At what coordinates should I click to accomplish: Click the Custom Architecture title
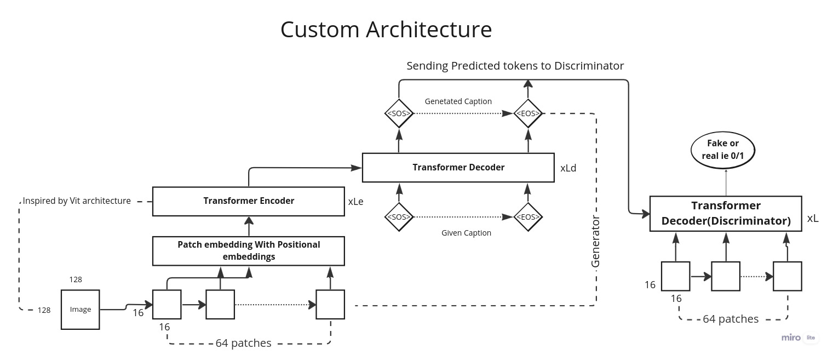pyautogui.click(x=386, y=30)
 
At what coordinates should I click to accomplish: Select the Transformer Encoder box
pyautogui.click(x=248, y=201)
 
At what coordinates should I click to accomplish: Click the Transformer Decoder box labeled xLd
pyautogui.click(x=458, y=168)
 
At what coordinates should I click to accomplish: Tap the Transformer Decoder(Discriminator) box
pyautogui.click(x=726, y=213)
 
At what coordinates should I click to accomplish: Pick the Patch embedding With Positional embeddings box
pyautogui.click(x=248, y=250)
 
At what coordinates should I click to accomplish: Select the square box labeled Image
pyautogui.click(x=80, y=310)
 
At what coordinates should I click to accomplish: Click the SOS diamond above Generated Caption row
pyautogui.click(x=399, y=114)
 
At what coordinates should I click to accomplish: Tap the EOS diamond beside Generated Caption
pyautogui.click(x=528, y=114)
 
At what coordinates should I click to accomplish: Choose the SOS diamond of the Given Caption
pyautogui.click(x=399, y=217)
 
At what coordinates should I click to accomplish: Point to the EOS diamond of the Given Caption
pyautogui.click(x=528, y=217)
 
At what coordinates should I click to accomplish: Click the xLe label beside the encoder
pyautogui.click(x=355, y=202)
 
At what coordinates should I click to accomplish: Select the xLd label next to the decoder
pyautogui.click(x=568, y=168)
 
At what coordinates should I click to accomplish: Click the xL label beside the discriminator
pyautogui.click(x=813, y=218)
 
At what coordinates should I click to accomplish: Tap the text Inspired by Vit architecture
pyautogui.click(x=77, y=201)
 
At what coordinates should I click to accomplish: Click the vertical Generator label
pyautogui.click(x=596, y=242)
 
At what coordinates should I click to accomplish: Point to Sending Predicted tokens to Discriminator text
pyautogui.click(x=515, y=66)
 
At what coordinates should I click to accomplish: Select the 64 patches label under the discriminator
pyautogui.click(x=731, y=319)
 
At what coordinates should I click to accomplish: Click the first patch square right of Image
pyautogui.click(x=166, y=304)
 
